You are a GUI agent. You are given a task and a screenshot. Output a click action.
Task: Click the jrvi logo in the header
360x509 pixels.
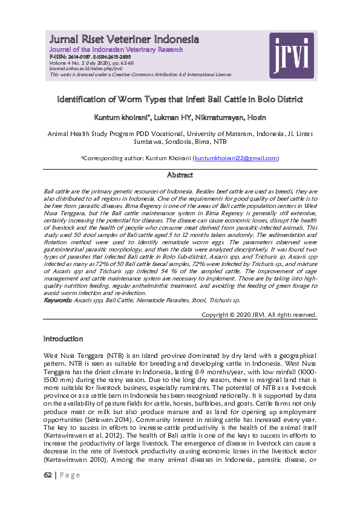[x=292, y=54]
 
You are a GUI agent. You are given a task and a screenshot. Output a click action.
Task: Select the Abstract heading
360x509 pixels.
[x=180, y=175]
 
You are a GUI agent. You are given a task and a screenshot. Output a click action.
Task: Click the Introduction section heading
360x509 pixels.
[x=64, y=339]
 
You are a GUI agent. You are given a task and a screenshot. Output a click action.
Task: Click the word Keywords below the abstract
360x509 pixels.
[x=58, y=300]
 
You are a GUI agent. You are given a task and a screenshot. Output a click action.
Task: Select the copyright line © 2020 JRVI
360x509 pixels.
[x=258, y=314]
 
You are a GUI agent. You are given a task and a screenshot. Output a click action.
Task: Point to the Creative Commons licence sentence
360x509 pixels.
[x=141, y=74]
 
